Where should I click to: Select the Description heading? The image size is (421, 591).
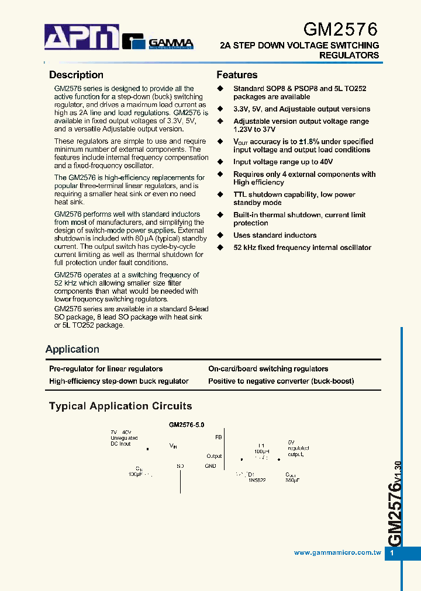point(76,75)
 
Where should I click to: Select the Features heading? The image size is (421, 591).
point(237,75)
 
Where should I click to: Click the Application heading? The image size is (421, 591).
point(73,349)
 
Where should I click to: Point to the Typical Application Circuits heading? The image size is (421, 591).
point(120,406)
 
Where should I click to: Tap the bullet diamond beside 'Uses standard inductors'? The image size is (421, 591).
point(220,235)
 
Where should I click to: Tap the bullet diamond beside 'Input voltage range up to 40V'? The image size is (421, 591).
point(220,162)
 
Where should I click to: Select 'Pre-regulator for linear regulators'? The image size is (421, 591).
point(106,368)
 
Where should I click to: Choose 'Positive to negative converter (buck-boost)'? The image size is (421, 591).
point(281,381)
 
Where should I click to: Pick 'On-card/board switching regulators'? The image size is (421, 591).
point(268,368)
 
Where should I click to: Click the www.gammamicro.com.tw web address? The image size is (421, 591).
point(337,552)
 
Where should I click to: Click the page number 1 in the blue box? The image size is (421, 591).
point(392,553)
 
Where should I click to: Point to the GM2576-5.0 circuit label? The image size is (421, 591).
point(187,426)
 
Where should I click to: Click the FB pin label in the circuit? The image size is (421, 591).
point(219,437)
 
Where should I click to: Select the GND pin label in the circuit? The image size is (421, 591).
point(210,466)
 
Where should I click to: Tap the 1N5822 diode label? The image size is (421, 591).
point(257,479)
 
